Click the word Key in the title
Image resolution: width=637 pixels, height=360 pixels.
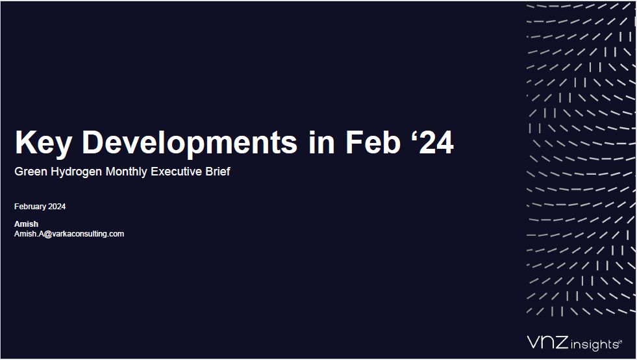44,143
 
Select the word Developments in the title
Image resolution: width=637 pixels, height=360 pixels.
190,143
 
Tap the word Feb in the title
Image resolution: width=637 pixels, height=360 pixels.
373,142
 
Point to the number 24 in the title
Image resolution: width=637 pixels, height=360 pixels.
436,142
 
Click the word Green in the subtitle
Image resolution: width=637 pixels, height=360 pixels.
31,172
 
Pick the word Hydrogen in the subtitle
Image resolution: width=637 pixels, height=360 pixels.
77,172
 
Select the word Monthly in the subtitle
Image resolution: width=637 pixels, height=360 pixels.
127,172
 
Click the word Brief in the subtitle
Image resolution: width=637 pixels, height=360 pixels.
218,172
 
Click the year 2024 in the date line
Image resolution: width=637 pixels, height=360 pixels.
57,207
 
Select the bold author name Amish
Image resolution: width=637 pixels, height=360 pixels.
27,224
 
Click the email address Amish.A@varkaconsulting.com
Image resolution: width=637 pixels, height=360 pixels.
69,234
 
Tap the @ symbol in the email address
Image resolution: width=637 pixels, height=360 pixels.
47,235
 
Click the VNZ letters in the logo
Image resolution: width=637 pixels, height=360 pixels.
547,342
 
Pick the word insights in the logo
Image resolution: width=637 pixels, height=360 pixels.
595,345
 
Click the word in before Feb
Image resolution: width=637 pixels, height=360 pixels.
322,142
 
